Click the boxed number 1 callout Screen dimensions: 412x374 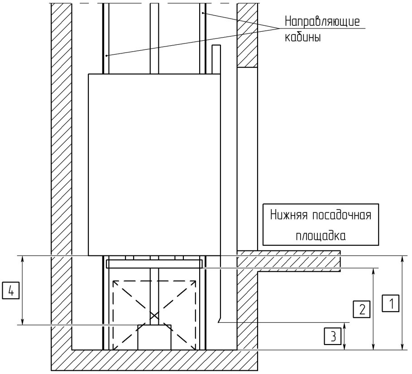[391, 303]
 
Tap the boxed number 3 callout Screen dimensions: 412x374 [333, 336]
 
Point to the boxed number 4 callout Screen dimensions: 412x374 [11, 290]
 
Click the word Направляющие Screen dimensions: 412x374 [322, 21]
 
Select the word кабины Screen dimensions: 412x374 [303, 37]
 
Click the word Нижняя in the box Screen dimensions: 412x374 [289, 215]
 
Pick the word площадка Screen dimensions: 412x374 [321, 235]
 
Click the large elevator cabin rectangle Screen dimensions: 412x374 [154, 165]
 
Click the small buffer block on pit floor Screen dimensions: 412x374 [154, 337]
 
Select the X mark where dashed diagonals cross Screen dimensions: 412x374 [154, 315]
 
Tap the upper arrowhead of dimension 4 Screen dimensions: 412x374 [23, 259]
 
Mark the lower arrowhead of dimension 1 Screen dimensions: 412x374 [402, 347]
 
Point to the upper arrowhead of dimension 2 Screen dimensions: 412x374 [373, 272]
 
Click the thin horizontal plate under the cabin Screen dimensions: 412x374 [154, 264]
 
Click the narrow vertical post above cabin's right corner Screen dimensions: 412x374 [216, 59]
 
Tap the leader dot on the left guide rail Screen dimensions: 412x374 [106, 55]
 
